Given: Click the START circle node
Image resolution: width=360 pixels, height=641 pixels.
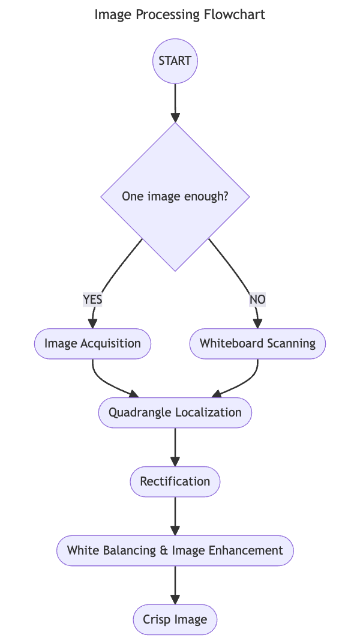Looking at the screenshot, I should click(175, 61).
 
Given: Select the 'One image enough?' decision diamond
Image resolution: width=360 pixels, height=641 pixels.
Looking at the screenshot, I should click(175, 196).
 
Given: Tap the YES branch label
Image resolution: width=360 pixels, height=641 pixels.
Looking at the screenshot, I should click(92, 299).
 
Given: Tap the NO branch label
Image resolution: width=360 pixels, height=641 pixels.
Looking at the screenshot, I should click(257, 299).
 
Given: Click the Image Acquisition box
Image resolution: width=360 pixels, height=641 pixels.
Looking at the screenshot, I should click(92, 344).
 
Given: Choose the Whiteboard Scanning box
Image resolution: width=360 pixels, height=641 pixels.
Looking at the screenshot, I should click(257, 344).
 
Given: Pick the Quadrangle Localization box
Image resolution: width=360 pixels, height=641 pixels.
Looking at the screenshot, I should click(175, 412).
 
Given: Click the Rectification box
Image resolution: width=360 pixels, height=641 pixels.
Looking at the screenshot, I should click(175, 481).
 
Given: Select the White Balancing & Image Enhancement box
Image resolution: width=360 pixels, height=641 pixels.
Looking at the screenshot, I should click(175, 550).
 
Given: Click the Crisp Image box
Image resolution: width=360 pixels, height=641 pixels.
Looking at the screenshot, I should click(175, 619).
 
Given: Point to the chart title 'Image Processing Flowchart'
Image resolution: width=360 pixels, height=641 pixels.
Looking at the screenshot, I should click(180, 14).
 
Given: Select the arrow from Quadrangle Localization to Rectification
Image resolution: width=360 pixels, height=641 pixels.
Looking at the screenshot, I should click(175, 447).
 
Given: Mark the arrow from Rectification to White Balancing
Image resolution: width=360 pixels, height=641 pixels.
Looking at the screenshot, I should click(175, 516).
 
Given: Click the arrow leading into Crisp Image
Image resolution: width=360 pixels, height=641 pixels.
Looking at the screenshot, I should click(175, 585).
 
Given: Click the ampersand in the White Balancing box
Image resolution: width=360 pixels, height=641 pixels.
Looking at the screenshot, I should click(164, 550).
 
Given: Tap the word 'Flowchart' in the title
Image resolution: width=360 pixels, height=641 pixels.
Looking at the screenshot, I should click(236, 14).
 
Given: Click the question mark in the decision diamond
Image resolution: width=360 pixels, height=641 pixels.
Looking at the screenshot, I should click(225, 196).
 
